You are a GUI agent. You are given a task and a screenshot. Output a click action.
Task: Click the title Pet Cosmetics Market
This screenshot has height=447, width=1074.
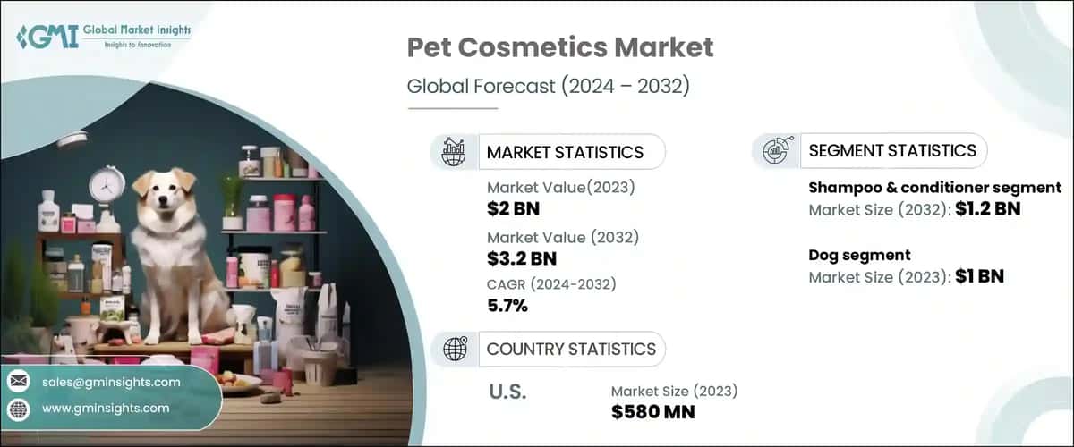click(560, 47)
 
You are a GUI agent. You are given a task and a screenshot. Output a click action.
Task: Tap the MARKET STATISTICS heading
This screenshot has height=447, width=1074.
click(564, 152)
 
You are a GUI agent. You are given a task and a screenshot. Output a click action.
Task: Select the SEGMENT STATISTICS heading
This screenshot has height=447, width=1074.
click(891, 150)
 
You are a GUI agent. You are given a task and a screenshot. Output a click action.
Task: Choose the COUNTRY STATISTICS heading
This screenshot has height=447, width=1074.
click(570, 349)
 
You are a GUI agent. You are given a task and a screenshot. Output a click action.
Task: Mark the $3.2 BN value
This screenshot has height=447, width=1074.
click(521, 258)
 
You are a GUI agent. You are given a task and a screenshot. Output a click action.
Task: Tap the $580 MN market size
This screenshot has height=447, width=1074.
click(652, 411)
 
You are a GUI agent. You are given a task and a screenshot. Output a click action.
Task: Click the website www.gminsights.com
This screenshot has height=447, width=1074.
click(106, 408)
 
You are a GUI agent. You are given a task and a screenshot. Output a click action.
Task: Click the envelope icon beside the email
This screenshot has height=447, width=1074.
click(19, 382)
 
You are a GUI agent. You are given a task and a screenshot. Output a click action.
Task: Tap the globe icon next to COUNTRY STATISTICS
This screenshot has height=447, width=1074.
click(455, 349)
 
